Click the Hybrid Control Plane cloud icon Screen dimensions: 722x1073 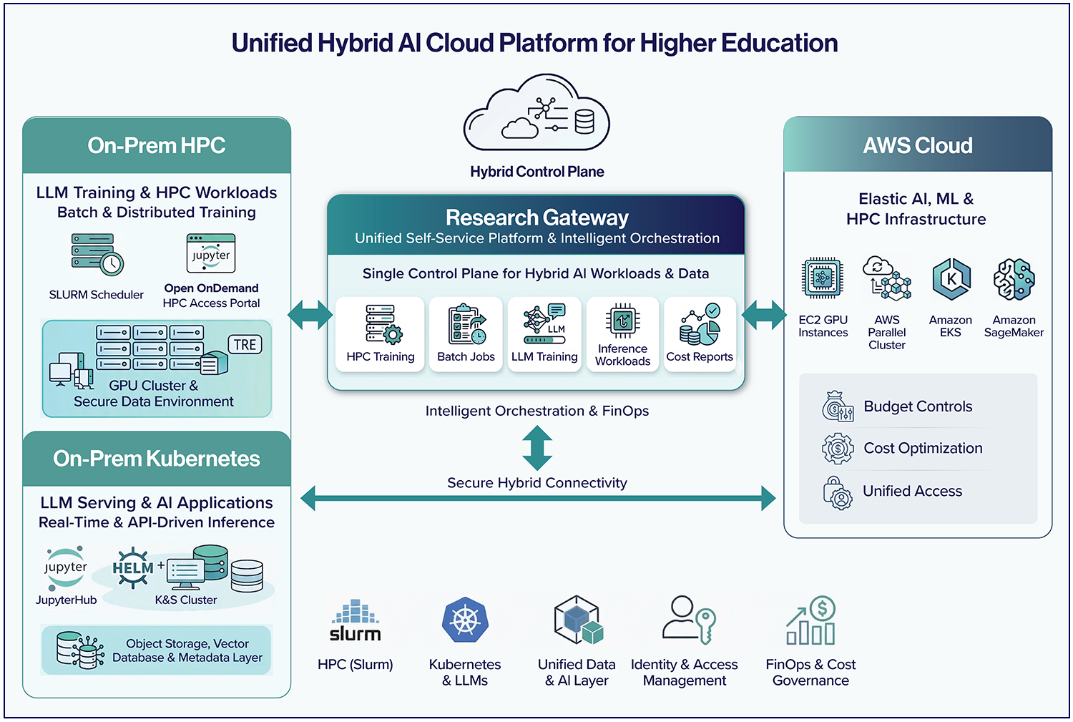536,114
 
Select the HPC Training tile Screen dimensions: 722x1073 380,334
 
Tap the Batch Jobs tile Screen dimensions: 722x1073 466,334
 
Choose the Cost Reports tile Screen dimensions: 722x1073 700,334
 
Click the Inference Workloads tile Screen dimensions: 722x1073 622,334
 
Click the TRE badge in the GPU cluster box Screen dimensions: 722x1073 245,345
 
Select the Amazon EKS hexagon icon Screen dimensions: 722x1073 951,279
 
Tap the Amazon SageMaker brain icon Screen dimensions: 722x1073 1014,279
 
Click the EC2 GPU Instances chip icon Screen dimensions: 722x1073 823,278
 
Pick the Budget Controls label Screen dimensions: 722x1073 918,406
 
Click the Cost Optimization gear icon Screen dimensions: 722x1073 838,449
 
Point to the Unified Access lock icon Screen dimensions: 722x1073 838,492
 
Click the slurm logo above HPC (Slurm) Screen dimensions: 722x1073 356,621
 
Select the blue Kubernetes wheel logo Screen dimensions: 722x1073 465,620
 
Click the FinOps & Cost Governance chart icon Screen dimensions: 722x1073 811,621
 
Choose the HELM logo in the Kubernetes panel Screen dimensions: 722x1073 133,568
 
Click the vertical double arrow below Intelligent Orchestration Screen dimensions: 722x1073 537,447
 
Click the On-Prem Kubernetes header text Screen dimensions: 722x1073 157,459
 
